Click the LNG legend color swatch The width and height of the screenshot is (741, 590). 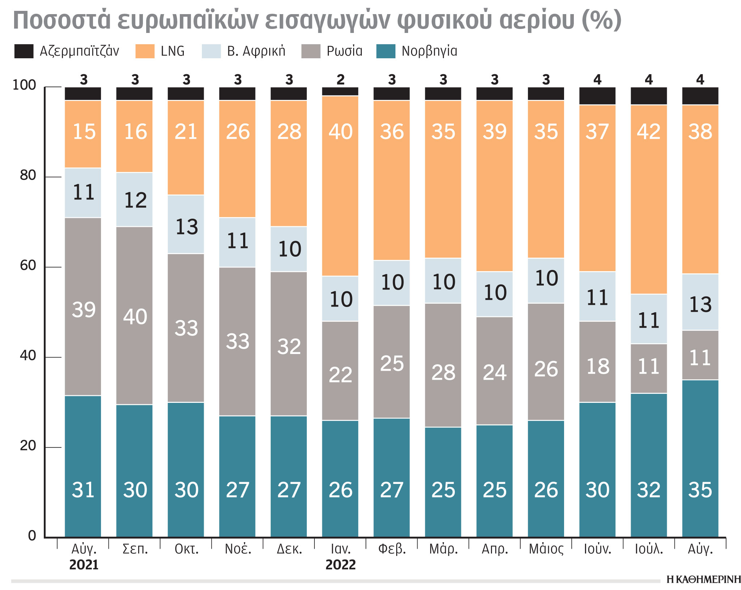(x=145, y=51)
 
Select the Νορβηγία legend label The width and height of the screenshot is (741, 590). (x=429, y=51)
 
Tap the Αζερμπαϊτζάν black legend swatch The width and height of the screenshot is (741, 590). (x=24, y=51)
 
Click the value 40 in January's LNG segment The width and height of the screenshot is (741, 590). (x=340, y=131)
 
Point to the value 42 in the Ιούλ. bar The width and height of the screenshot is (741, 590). (x=649, y=131)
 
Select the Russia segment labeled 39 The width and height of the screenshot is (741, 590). (x=84, y=310)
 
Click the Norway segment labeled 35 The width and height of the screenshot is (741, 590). (x=700, y=490)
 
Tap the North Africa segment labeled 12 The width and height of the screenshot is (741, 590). (x=135, y=200)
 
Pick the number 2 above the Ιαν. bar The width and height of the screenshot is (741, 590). (x=340, y=79)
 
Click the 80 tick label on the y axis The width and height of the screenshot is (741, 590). (x=28, y=175)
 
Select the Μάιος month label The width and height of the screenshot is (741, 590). (x=546, y=549)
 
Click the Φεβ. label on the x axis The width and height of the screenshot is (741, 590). (x=392, y=549)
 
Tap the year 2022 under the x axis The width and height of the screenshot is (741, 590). (x=340, y=565)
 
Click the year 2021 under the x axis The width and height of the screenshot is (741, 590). (x=84, y=565)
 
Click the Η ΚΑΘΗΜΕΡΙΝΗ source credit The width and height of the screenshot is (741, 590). (x=703, y=580)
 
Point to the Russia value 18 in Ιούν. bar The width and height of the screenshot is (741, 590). (x=598, y=366)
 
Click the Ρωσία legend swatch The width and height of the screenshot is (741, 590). (x=311, y=51)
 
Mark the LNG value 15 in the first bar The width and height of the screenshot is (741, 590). (x=84, y=131)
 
